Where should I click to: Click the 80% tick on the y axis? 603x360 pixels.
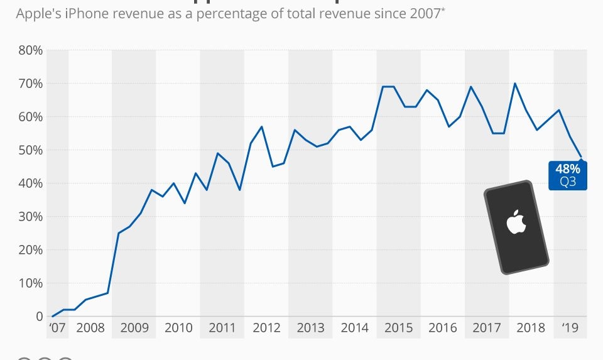pos(30,50)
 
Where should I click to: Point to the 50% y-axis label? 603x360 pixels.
pos(30,150)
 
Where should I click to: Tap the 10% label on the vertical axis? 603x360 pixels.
pos(30,283)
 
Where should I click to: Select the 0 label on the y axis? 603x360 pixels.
pos(38,316)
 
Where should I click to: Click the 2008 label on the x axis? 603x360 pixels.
pos(90,328)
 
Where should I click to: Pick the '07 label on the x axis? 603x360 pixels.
pos(57,328)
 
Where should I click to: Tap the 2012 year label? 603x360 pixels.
pos(266,328)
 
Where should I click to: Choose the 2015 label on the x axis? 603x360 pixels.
pos(399,328)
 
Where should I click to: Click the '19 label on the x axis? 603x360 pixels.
pos(570,328)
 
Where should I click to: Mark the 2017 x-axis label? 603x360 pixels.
pos(487,328)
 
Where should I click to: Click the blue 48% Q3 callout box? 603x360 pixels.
pos(568,175)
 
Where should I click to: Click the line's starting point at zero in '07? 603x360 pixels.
pos(53,316)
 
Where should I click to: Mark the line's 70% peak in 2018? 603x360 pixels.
pos(515,84)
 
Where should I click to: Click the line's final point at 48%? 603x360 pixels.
pos(581,156)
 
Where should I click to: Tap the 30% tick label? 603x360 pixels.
pos(30,217)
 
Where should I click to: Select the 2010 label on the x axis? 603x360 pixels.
pos(178,328)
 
